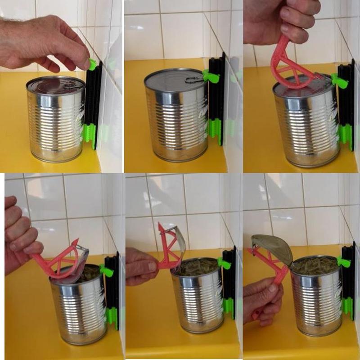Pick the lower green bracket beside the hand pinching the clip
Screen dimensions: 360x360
point(90,135)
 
